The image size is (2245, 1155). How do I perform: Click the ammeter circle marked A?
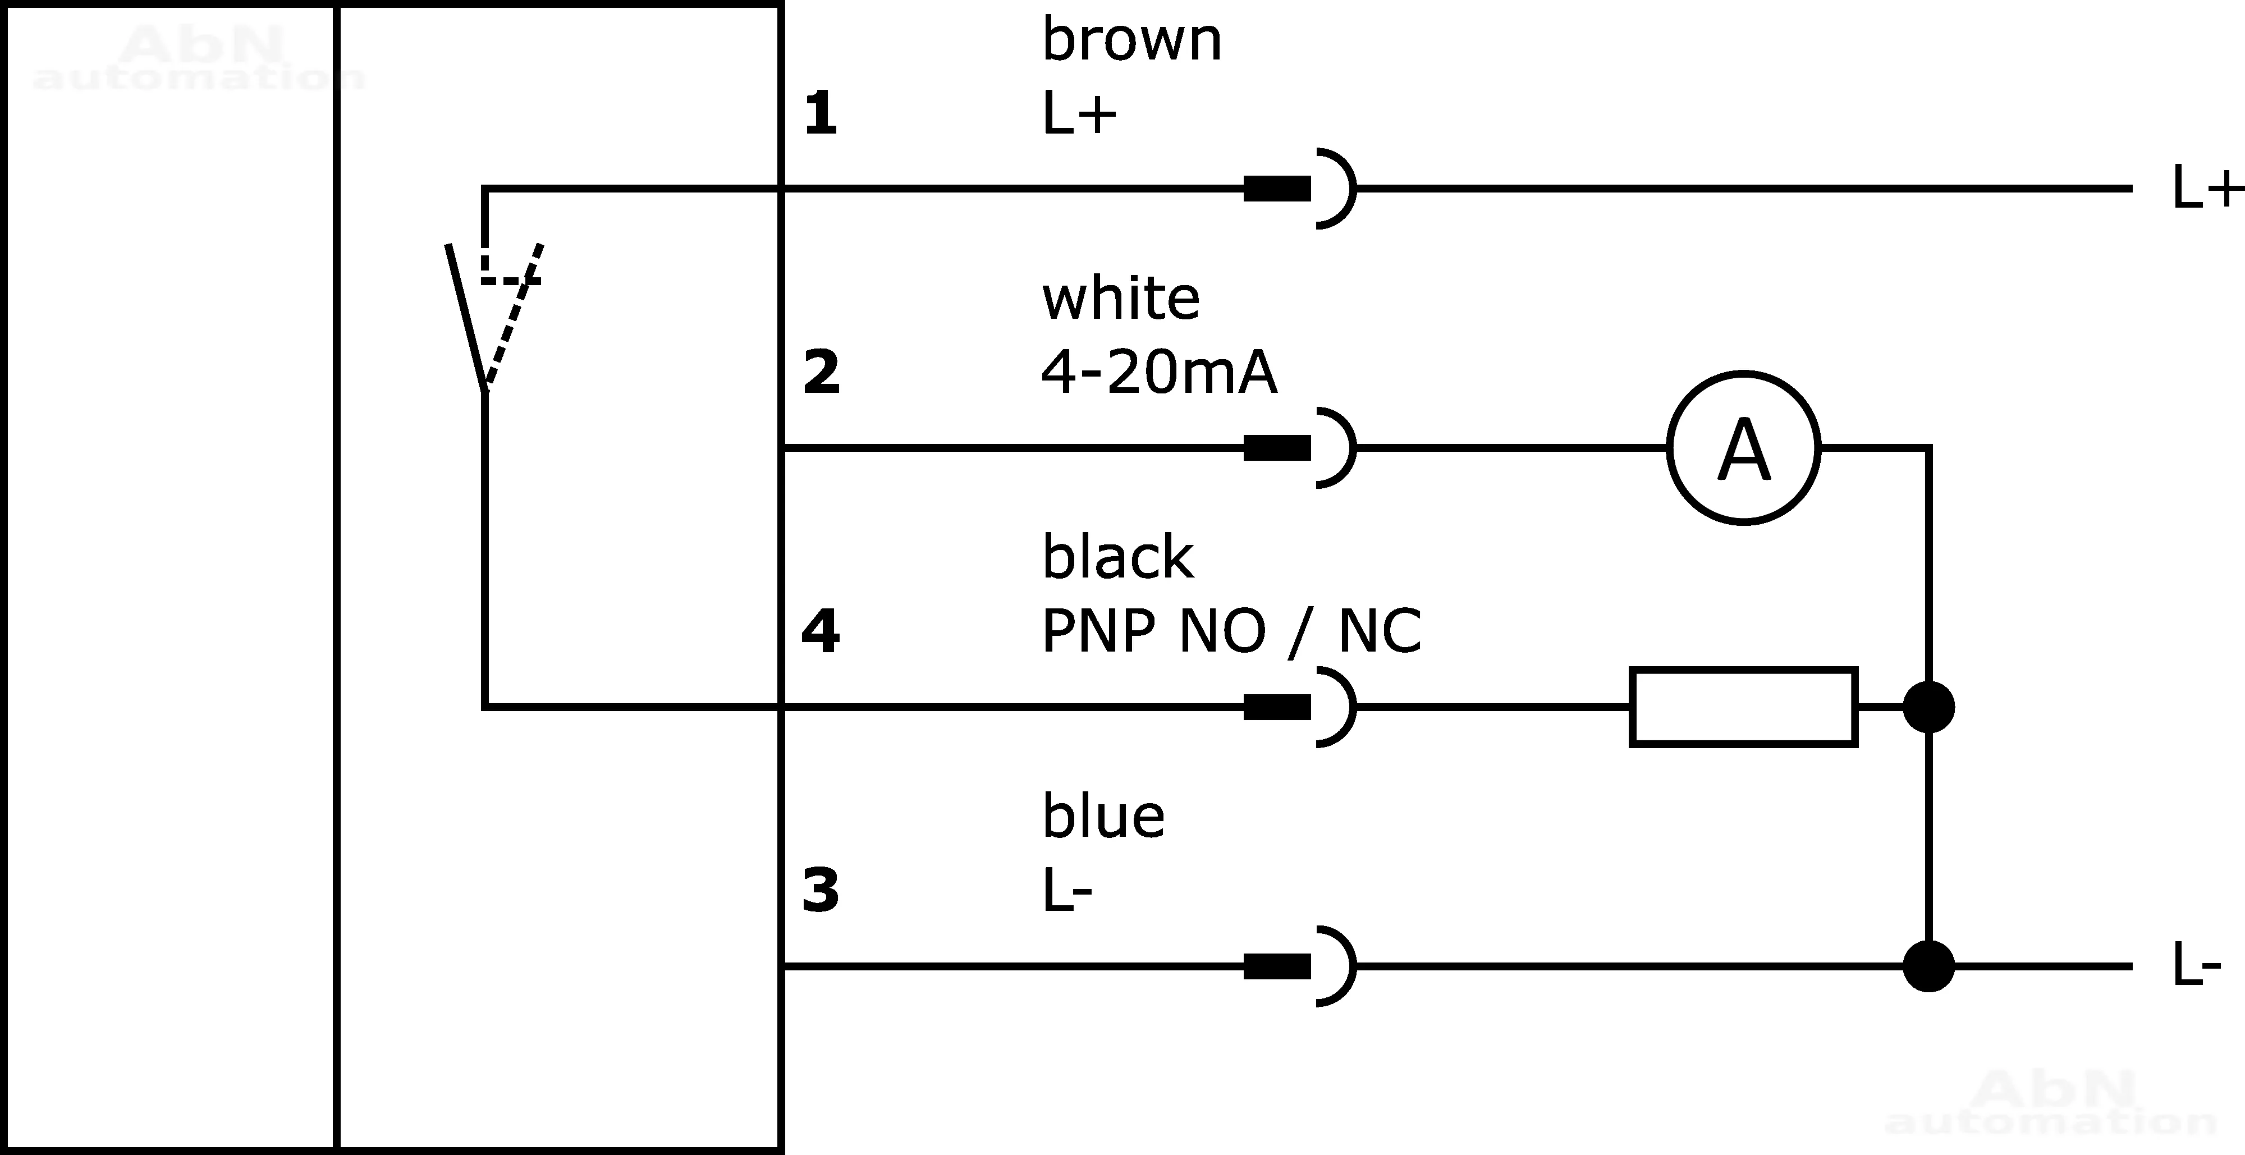tap(1744, 448)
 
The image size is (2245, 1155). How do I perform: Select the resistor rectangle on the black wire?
tap(1744, 707)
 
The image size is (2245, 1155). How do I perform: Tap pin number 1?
tap(820, 114)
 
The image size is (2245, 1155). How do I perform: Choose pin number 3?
tap(820, 890)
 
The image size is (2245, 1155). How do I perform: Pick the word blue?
tap(1103, 816)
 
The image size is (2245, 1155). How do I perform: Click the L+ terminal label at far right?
tap(2206, 188)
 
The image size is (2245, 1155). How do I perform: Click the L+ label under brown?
tap(1079, 114)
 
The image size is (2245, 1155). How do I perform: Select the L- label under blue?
tap(1067, 891)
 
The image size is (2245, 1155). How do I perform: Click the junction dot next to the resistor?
tap(1928, 707)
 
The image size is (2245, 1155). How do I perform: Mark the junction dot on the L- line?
tap(1928, 966)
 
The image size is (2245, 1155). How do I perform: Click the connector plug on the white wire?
tap(1299, 448)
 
